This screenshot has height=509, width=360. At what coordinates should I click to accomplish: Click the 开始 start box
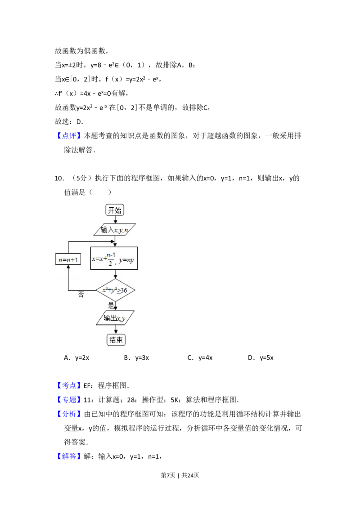115,210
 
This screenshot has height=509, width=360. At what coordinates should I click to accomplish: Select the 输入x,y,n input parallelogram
115,230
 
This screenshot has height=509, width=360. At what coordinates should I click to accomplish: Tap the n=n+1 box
67,260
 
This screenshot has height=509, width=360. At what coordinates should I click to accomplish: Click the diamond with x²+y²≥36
115,290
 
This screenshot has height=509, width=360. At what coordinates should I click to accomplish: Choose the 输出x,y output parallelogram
115,318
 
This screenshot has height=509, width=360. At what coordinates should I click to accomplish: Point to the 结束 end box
116,340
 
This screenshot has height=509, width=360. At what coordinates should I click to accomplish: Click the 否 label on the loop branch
81,295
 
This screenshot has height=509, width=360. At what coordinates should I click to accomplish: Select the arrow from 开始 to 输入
116,220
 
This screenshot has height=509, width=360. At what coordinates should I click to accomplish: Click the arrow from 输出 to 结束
116,330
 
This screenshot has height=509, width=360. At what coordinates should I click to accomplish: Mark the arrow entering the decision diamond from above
116,274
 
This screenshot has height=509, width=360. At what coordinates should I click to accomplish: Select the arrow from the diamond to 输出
116,306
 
